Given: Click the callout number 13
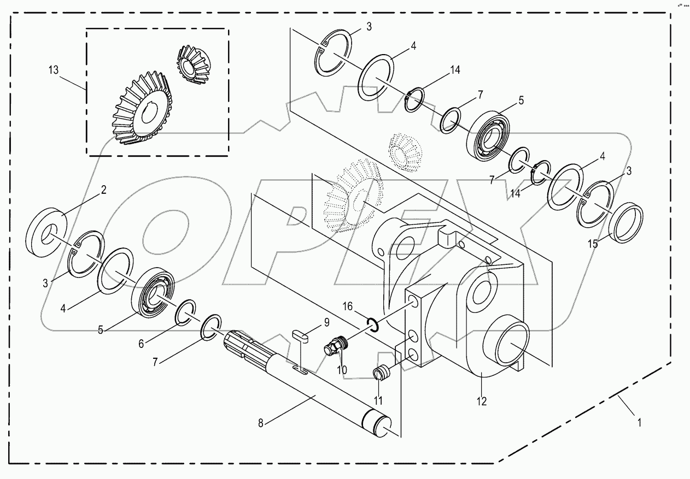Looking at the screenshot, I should coord(52,70).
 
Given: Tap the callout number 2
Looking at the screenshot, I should coord(103,190).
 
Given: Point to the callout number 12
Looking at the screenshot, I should coord(481,401).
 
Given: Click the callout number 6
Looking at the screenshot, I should coord(141,344).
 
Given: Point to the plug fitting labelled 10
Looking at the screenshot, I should coord(335,346).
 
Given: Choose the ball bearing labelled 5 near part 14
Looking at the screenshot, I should coord(488,137).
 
